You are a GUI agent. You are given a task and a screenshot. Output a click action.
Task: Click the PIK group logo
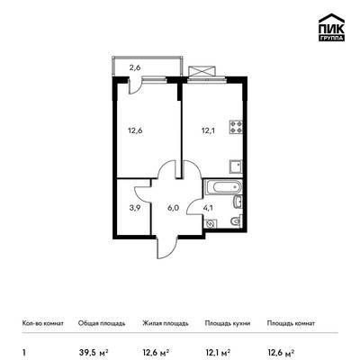pos(331,27)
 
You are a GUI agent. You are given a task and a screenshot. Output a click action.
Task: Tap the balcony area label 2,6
pos(135,67)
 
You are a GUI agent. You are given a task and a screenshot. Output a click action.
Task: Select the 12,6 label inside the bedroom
pos(135,130)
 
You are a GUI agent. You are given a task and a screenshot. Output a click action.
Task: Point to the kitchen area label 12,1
pos(208,130)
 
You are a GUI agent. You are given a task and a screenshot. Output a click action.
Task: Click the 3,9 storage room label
pos(134,208)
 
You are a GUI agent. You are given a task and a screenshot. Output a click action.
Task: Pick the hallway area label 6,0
pos(173,208)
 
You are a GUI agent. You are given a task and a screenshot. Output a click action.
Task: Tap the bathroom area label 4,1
pos(208,208)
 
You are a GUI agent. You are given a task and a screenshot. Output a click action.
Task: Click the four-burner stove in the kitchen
pos(236,127)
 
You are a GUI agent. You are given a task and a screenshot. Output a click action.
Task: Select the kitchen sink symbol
pos(236,166)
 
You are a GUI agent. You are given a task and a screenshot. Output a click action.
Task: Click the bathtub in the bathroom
pos(223,187)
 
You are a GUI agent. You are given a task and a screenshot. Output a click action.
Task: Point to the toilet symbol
pos(236,221)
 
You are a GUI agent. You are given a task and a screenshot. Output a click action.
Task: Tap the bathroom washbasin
pos(238,202)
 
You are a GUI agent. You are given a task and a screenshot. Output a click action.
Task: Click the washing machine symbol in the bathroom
pos(211,224)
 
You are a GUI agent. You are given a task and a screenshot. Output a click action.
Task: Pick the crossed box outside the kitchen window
pos(202,71)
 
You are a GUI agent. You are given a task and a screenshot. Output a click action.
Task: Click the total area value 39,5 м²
pos(94,352)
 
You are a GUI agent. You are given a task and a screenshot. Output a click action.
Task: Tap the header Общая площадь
pos(102,323)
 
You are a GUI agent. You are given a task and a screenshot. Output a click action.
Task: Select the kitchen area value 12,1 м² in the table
pos(218,352)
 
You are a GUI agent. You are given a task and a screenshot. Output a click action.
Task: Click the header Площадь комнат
pos(291,323)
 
